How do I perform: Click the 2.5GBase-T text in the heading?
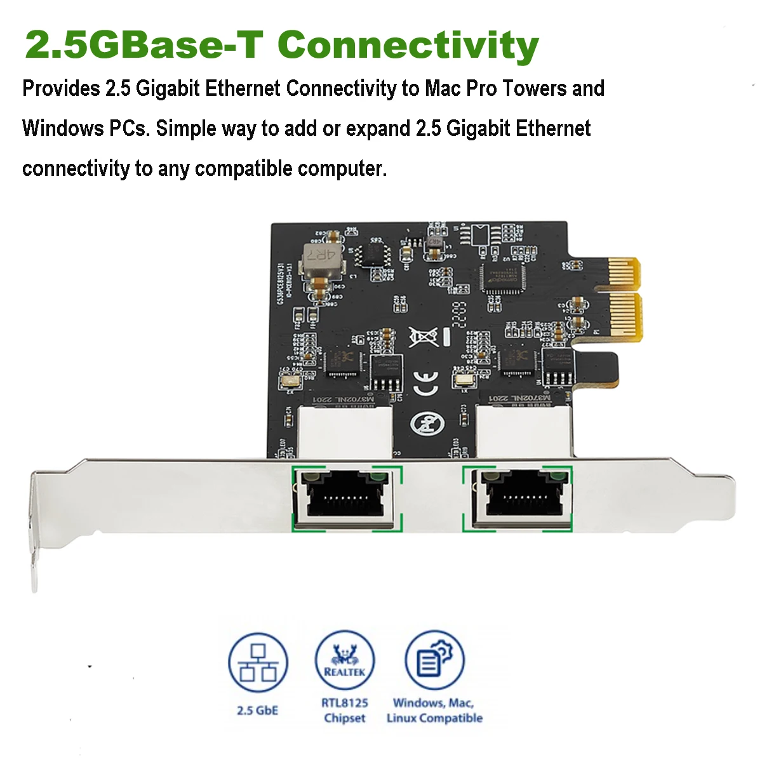click(x=144, y=46)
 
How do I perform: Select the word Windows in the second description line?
click(x=62, y=128)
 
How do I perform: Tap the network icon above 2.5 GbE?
click(x=258, y=663)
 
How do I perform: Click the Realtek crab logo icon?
click(x=345, y=660)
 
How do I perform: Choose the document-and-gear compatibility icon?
click(x=434, y=660)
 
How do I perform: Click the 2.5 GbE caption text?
click(x=257, y=710)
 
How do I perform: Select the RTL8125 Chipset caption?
click(x=345, y=711)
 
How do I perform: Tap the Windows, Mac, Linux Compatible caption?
click(x=434, y=711)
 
